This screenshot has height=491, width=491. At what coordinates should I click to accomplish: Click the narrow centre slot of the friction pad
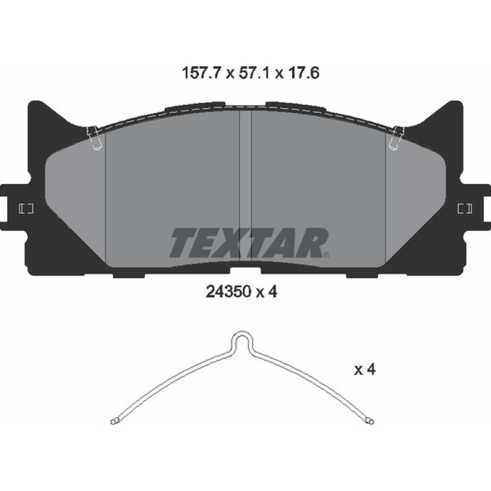(x=245, y=187)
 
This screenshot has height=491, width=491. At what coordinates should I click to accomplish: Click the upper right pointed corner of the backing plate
(x=457, y=105)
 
